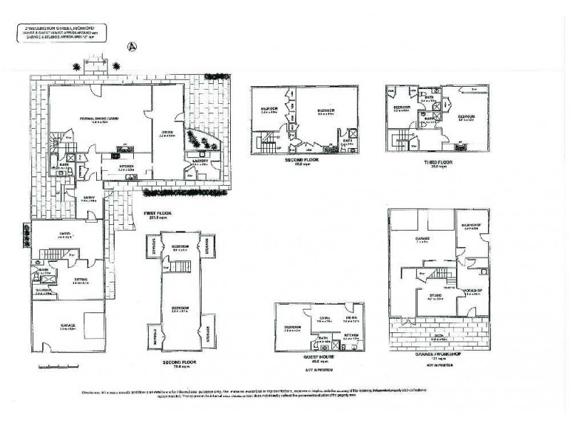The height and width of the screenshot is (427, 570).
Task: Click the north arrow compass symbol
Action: [130, 46]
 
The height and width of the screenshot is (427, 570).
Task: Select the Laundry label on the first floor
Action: [200, 161]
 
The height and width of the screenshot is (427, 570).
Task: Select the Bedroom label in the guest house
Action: [291, 328]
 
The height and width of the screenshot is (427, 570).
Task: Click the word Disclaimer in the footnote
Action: [93, 392]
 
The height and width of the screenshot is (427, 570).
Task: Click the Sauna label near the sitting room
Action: [44, 291]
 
